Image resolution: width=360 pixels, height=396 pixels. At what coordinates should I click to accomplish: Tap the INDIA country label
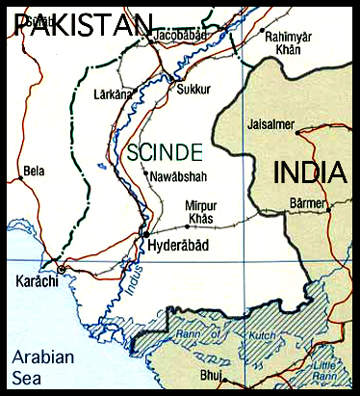point(310,173)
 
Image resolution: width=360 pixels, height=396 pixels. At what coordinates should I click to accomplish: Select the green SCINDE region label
point(165,151)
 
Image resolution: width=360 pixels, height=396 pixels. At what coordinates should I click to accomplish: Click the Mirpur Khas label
point(200,212)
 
